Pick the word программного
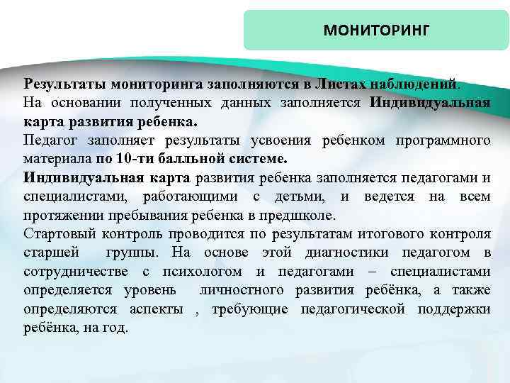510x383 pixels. pyautogui.click(x=442, y=140)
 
